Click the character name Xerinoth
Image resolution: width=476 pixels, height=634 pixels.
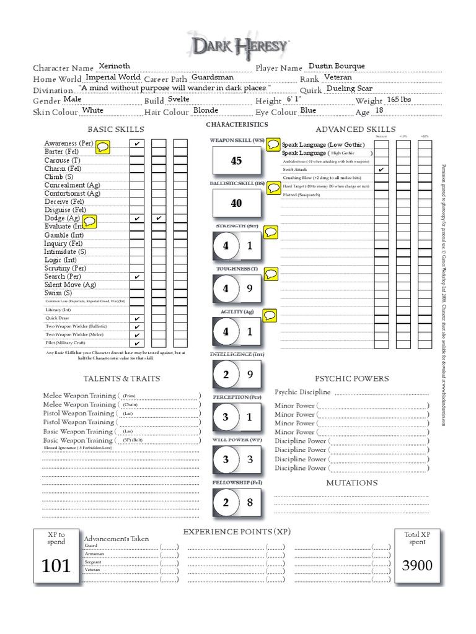coord(114,66)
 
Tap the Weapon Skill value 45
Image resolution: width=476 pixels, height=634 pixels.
coord(236,161)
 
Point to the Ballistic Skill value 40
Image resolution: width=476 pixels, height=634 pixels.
coord(236,203)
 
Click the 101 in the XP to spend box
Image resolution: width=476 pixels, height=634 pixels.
coord(56,565)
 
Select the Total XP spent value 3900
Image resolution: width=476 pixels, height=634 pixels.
coord(417,565)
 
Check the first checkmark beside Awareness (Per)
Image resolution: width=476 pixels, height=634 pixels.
coord(136,144)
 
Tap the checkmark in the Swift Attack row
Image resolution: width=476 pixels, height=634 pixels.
coord(381,169)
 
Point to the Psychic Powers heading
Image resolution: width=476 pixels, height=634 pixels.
coord(352,378)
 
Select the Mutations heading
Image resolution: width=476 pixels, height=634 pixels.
coord(351,482)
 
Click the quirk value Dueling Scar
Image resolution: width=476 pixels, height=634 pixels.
coord(350,89)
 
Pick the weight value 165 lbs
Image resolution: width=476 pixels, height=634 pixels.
coord(399,100)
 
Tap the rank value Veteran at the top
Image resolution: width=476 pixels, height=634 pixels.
coord(338,77)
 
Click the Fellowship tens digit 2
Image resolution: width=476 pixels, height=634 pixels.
coord(226,502)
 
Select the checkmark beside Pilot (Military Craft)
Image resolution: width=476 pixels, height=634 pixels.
coord(136,343)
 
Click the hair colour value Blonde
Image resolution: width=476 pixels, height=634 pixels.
coord(206,111)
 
